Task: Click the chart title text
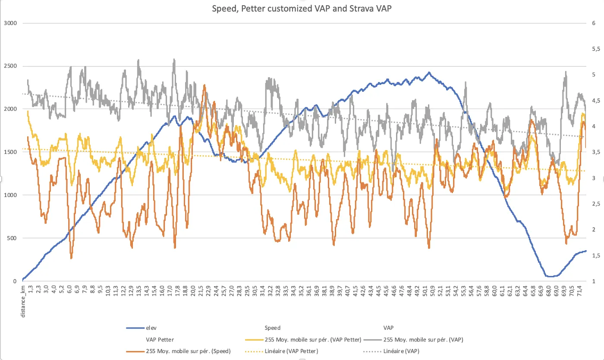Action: tap(302, 9)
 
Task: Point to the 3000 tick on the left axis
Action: tap(11, 23)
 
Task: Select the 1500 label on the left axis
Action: tap(11, 152)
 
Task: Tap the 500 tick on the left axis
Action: tap(12, 238)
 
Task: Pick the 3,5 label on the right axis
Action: tap(591, 152)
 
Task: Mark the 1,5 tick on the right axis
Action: tap(591, 256)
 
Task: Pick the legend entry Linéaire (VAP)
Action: tap(401, 351)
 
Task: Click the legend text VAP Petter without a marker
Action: tap(160, 340)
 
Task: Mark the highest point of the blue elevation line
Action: tap(429, 72)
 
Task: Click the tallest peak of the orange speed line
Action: tap(204, 85)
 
